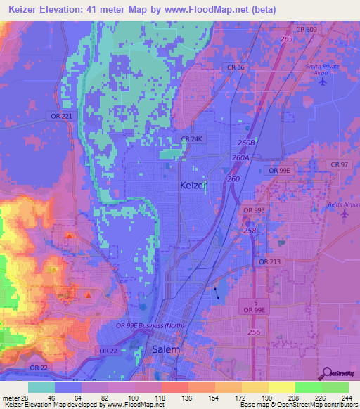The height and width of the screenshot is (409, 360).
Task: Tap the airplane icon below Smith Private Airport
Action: tap(323, 82)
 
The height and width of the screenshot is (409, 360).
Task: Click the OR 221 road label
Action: tap(62, 116)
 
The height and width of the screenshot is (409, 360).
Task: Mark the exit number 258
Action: tap(249, 230)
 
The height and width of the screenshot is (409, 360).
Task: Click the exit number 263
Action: tap(286, 39)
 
